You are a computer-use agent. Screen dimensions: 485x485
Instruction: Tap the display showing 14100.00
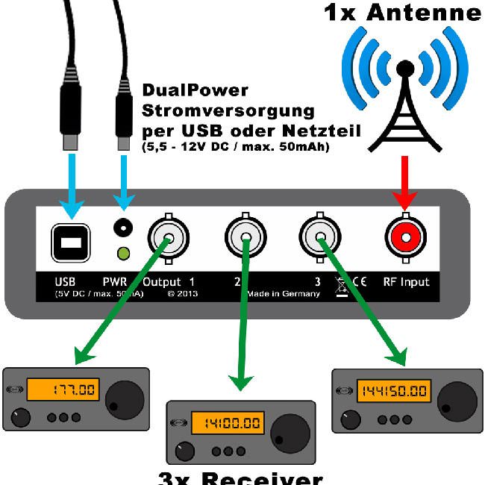(x=227, y=423)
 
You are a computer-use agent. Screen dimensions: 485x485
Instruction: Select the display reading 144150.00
(x=394, y=391)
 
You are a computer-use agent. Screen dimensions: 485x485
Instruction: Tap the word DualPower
(x=195, y=91)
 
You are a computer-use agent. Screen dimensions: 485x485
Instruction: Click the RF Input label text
(x=406, y=282)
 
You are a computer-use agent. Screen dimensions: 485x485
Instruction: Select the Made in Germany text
(x=284, y=294)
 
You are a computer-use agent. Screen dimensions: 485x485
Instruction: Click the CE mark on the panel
(x=357, y=282)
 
